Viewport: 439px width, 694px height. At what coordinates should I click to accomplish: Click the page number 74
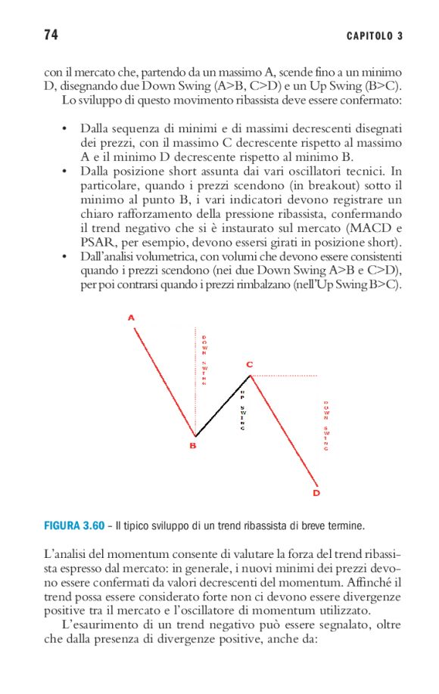coord(51,36)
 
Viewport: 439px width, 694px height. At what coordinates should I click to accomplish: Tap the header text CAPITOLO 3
coord(374,36)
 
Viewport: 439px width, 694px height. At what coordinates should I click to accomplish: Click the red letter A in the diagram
coord(131,318)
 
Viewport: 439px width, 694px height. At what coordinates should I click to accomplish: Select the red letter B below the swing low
coord(193,446)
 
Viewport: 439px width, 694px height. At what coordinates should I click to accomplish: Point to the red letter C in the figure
coord(249,364)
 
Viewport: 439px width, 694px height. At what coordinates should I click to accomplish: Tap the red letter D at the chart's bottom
coord(316,493)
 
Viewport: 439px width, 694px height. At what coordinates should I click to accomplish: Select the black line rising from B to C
coord(223,406)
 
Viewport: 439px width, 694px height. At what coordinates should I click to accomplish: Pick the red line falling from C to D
coord(284,431)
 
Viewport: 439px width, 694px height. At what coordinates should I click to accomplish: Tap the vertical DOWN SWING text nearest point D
coord(326,426)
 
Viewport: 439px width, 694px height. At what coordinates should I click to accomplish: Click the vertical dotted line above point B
coord(196,378)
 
